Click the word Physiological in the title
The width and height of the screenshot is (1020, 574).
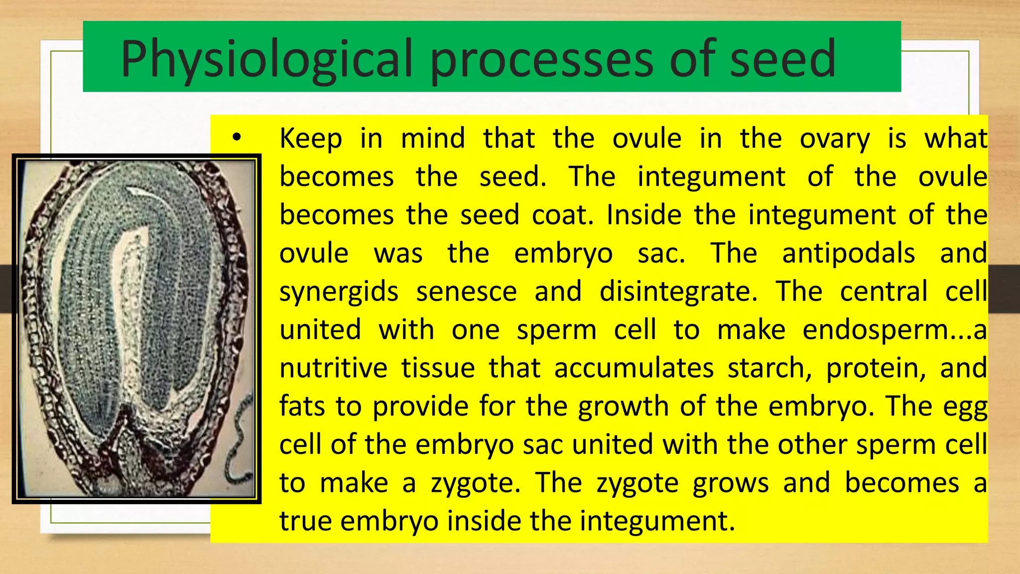[266, 60]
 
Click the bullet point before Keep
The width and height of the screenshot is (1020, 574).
[237, 137]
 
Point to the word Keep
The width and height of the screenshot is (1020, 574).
[311, 138]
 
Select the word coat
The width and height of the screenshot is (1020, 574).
[563, 215]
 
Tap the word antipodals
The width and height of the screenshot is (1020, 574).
[848, 254]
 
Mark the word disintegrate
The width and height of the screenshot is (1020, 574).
[678, 291]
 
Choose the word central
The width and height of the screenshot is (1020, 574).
[884, 291]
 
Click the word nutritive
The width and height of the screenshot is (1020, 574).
[333, 368]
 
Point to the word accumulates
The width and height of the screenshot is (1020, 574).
[634, 368]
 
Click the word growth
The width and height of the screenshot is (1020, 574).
[623, 407]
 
